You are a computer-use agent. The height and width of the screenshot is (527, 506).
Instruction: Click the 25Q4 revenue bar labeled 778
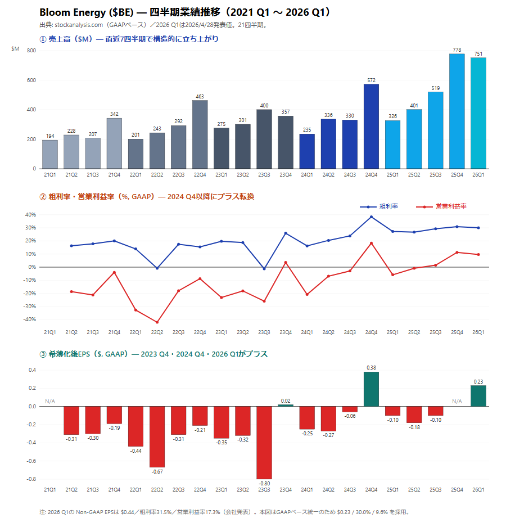(457, 111)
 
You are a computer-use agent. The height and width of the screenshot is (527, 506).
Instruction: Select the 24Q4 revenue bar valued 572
(371, 127)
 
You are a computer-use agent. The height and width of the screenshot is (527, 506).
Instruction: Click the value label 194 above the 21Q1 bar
(49, 137)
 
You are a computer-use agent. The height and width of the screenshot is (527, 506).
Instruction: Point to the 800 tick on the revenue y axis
(31, 51)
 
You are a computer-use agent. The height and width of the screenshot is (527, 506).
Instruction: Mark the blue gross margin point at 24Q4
(371, 217)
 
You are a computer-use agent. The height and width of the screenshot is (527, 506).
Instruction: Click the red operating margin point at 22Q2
(157, 322)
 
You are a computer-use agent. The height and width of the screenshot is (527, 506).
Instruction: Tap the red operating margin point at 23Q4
(286, 262)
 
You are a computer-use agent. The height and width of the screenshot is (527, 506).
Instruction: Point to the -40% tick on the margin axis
(29, 319)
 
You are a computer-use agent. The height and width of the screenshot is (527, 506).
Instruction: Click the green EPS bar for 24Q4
(371, 389)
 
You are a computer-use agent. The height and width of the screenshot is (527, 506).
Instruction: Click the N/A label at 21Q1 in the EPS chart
(49, 402)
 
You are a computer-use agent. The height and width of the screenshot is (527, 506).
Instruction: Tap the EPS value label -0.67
(157, 471)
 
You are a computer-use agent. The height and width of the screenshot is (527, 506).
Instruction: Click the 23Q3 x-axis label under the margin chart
(264, 332)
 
